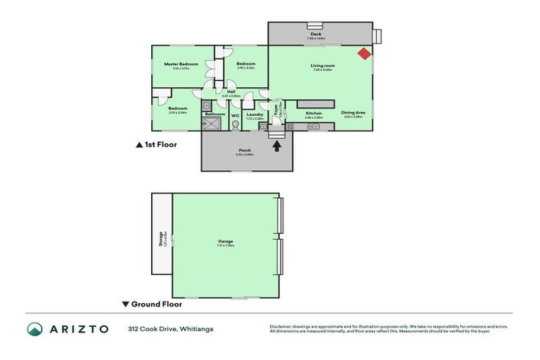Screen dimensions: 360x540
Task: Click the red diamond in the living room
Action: tap(364, 53)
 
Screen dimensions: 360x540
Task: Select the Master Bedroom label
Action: tap(181, 64)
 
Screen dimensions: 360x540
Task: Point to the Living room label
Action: tap(323, 66)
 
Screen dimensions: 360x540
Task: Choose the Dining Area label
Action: tap(352, 112)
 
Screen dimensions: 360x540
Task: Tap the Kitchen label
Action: tap(314, 112)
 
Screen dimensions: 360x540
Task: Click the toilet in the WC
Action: tap(236, 125)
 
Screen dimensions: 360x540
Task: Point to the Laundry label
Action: tap(255, 115)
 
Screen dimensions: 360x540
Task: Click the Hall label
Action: tap(231, 91)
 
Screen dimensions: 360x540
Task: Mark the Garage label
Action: tap(225, 241)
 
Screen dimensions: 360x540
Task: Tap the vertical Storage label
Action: tap(162, 239)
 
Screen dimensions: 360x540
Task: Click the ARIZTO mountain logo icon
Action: tap(35, 329)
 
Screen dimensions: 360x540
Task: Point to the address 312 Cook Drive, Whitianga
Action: tap(171, 329)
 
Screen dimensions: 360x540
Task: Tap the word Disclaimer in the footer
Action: tap(282, 327)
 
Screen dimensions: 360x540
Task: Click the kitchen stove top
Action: tap(289, 126)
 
